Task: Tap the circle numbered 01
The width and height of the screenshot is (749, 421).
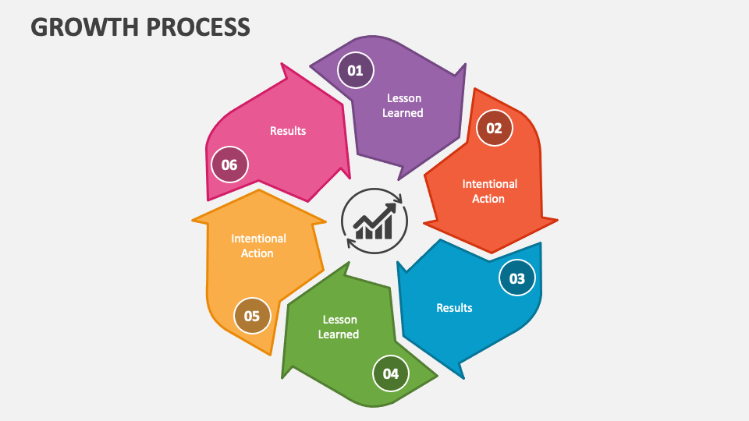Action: (355, 71)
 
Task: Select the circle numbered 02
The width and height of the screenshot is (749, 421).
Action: (494, 129)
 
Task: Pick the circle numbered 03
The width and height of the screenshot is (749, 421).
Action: (517, 278)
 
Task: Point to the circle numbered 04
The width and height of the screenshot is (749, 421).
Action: (391, 373)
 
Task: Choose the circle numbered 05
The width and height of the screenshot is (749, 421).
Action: (251, 316)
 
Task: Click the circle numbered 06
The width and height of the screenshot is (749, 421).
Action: (229, 165)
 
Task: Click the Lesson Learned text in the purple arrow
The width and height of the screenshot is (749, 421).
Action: (403, 105)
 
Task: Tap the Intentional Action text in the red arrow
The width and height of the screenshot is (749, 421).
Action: (489, 191)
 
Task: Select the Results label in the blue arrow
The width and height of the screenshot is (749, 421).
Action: (454, 307)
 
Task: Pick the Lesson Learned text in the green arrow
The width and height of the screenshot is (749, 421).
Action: (340, 327)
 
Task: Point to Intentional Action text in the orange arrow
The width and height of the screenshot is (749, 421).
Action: (258, 246)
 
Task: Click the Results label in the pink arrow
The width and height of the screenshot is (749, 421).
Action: (288, 131)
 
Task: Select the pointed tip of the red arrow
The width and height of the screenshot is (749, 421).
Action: (491, 252)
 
